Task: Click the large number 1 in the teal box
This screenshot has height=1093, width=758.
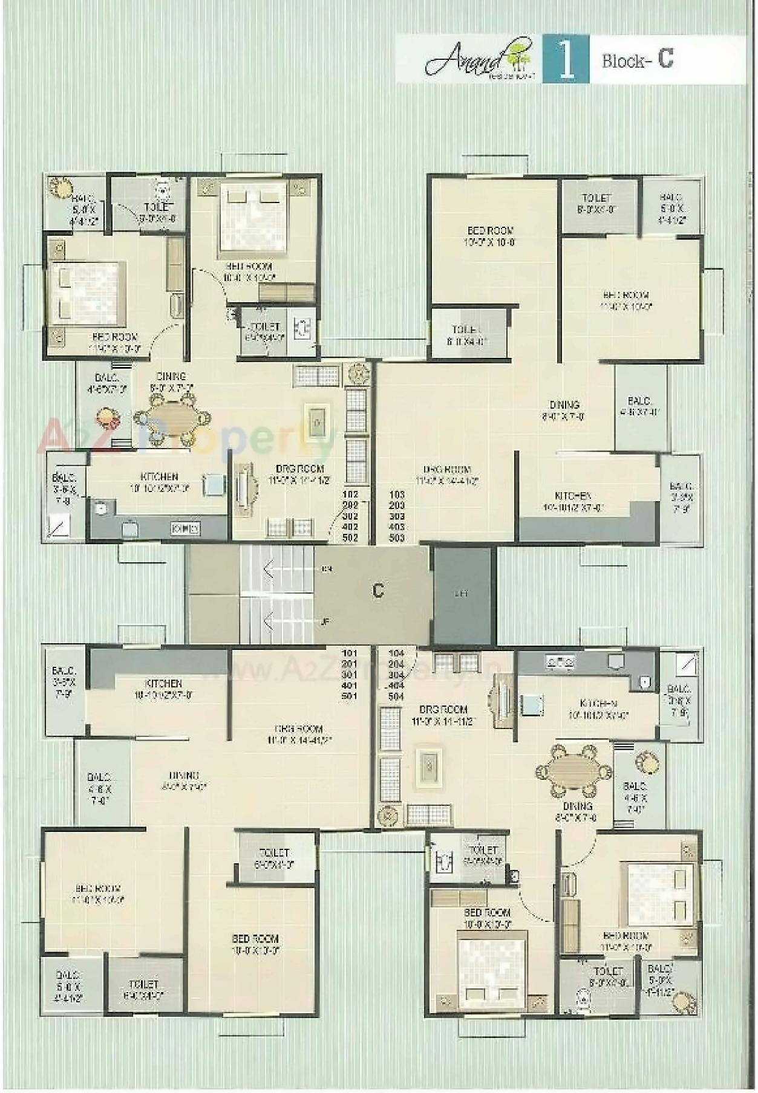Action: [x=566, y=59]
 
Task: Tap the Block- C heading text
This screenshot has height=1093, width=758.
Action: [x=637, y=59]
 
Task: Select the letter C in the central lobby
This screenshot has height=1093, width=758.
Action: [x=378, y=590]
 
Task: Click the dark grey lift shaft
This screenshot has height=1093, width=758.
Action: [x=463, y=594]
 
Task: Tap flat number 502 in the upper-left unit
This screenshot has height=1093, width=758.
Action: [x=350, y=537]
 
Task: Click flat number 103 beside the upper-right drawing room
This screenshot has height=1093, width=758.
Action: [x=397, y=495]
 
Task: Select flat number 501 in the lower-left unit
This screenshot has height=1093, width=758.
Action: [x=350, y=696]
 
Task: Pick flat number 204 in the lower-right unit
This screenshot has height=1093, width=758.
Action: [x=396, y=664]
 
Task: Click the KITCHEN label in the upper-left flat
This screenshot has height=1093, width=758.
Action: [x=159, y=477]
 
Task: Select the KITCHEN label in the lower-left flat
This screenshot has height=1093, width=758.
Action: [x=163, y=683]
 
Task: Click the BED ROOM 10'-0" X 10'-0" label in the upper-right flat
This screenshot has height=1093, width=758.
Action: [x=490, y=236]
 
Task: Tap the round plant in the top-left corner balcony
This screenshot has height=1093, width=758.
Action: [x=60, y=186]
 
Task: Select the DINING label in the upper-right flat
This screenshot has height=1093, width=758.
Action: [x=564, y=405]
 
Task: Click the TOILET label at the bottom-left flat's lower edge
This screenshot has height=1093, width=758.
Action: [x=143, y=985]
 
